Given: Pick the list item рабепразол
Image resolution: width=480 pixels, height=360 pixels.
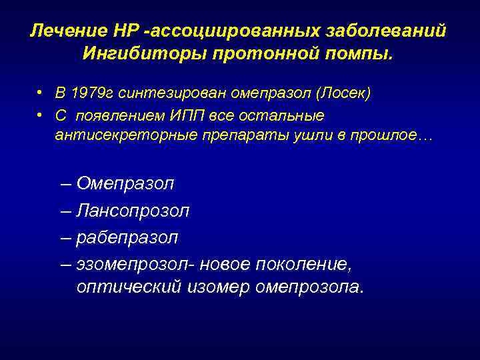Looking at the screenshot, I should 127,237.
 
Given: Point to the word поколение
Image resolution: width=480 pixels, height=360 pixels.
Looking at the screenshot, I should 303,264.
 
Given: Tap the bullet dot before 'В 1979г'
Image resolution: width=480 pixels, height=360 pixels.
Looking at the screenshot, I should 41,92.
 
